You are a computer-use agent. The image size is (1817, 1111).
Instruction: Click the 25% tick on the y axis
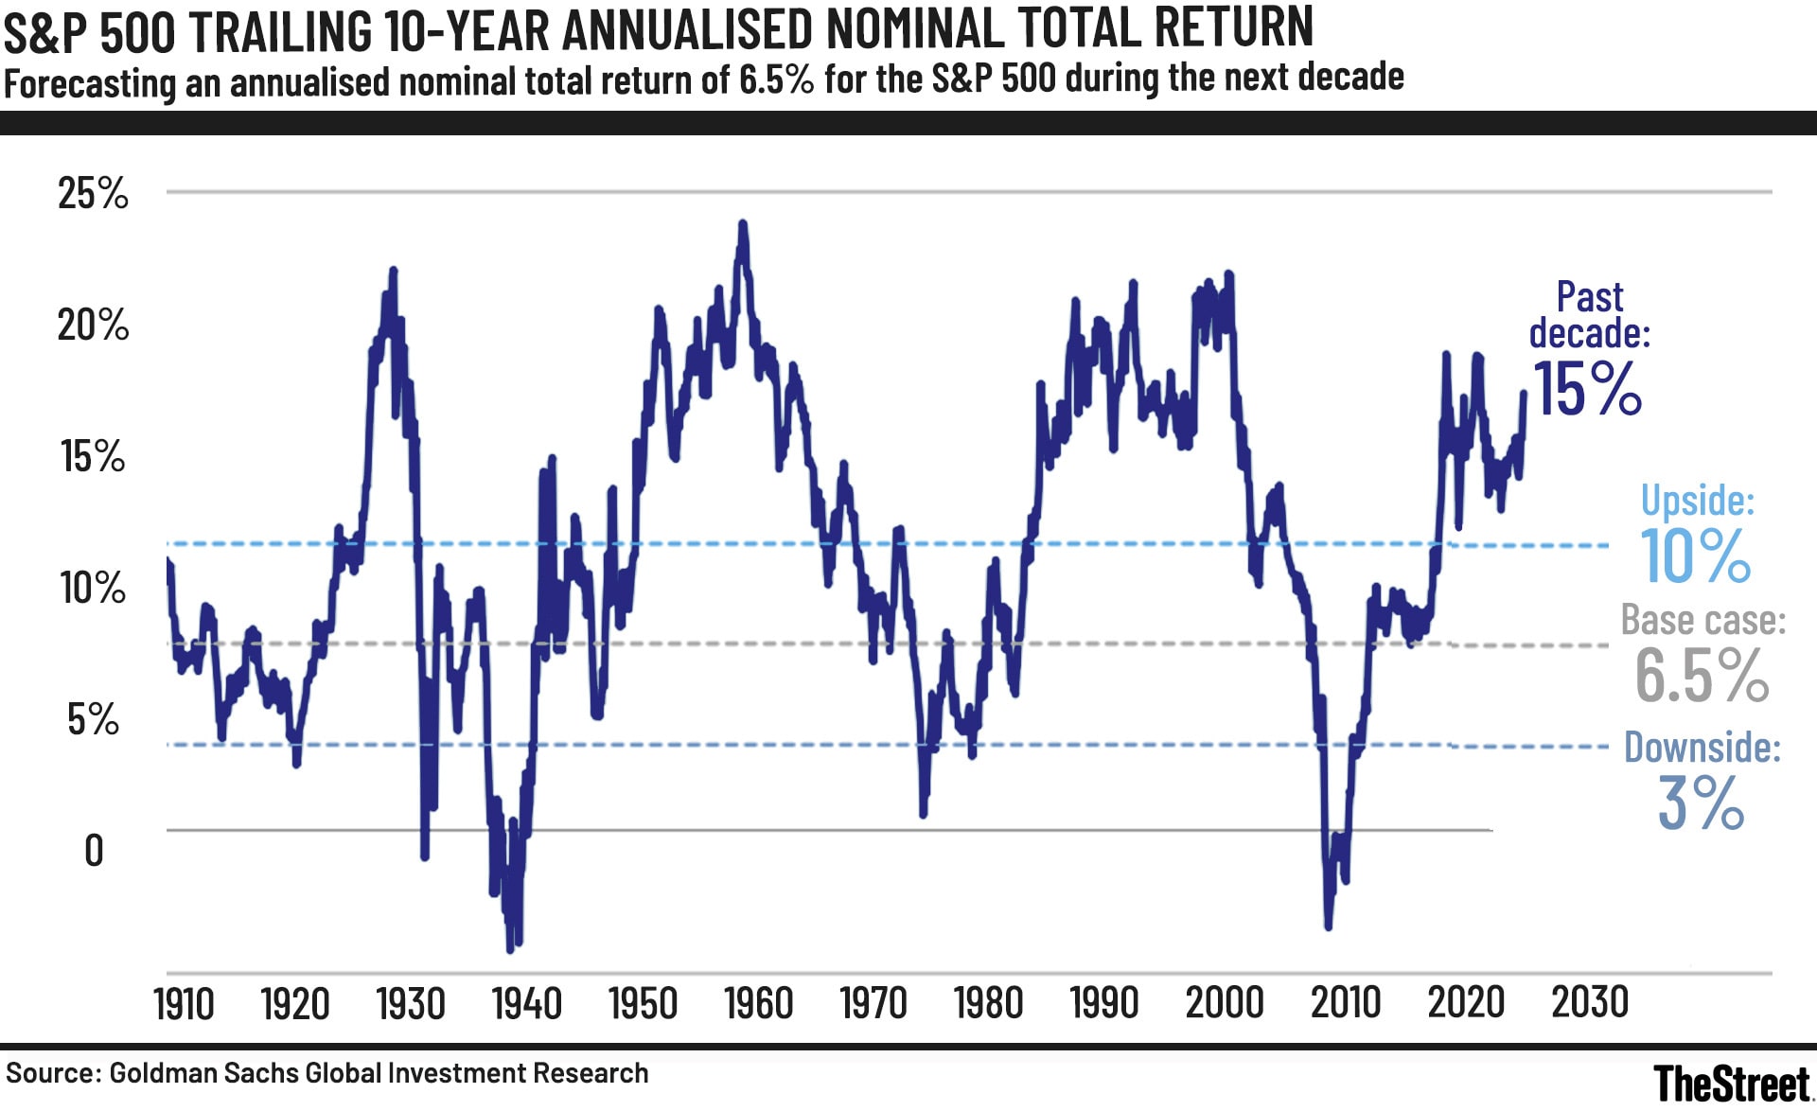click(x=93, y=193)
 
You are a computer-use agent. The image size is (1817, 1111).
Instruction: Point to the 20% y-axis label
click(x=93, y=326)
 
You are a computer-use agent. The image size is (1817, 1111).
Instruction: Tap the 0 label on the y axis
click(x=94, y=851)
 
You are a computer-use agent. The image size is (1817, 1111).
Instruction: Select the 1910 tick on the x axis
click(x=184, y=1004)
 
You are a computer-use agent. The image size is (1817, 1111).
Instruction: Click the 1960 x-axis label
click(x=758, y=1004)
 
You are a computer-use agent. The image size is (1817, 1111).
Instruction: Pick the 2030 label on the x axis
click(x=1590, y=1002)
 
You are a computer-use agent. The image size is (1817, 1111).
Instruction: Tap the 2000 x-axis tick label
click(x=1224, y=1003)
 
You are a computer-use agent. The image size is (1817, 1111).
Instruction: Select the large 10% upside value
click(x=1695, y=556)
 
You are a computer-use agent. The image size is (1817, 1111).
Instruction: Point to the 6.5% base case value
click(x=1701, y=676)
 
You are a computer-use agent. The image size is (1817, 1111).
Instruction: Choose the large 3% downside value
click(x=1701, y=803)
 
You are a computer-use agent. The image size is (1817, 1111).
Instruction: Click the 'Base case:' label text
click(x=1702, y=621)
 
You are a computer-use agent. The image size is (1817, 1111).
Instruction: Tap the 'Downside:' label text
click(x=1702, y=748)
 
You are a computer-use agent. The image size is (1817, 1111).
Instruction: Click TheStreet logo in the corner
click(x=1731, y=1083)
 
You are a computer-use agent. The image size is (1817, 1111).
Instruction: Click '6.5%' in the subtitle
click(x=776, y=79)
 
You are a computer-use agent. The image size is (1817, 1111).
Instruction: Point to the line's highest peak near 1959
click(x=743, y=225)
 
